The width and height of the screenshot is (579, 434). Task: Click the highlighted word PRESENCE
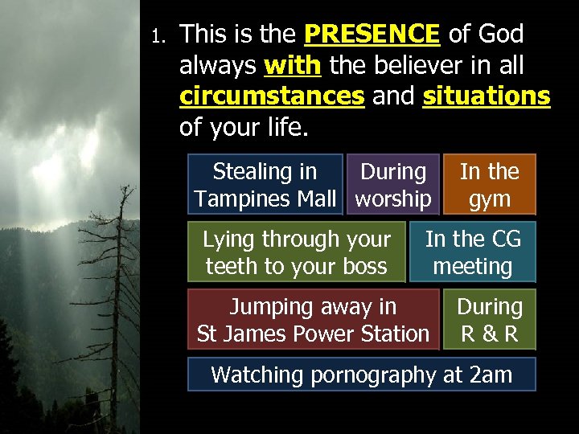(x=372, y=35)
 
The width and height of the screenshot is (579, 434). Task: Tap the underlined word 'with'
(x=292, y=65)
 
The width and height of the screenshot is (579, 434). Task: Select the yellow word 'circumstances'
(x=272, y=96)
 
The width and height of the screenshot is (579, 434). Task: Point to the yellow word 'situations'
(x=486, y=96)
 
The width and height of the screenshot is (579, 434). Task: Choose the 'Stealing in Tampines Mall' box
(x=265, y=185)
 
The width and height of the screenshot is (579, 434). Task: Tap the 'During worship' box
(x=393, y=185)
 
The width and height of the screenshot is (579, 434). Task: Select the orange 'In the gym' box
(x=489, y=185)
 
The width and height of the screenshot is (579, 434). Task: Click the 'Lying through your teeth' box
(x=297, y=252)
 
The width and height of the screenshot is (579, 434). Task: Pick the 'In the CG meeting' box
(x=473, y=252)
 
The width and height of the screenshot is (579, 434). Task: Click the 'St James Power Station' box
(x=314, y=320)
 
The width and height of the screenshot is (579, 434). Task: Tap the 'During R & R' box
(x=489, y=320)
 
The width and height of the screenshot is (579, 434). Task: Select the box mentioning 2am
(x=361, y=375)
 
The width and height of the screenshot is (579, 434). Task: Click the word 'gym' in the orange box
(x=490, y=199)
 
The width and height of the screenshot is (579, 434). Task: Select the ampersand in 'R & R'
(x=489, y=334)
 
